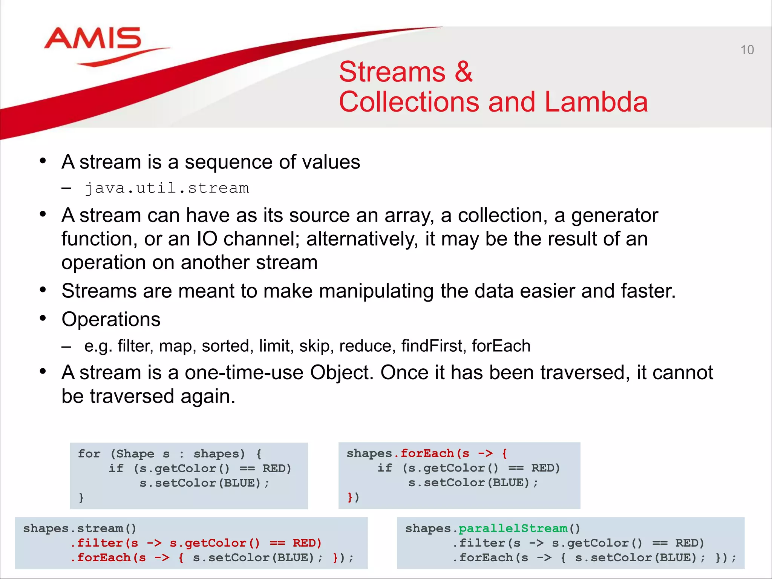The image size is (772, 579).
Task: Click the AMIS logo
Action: point(93,39)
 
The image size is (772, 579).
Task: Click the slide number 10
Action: point(747,50)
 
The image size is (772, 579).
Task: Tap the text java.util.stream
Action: point(166,188)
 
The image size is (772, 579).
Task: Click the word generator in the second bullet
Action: point(614,216)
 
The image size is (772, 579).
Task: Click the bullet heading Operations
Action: point(111,319)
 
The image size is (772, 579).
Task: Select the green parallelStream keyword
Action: point(513,528)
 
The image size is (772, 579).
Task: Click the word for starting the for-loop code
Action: point(89,453)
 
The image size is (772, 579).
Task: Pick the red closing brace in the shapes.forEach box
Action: point(349,497)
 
